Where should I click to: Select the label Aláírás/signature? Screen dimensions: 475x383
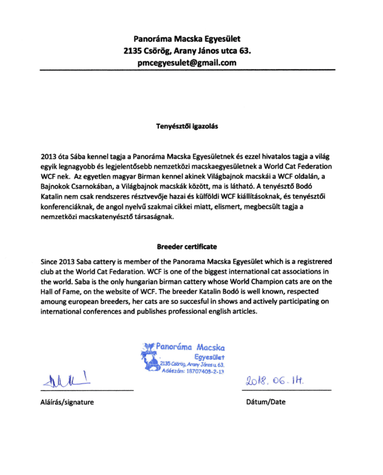[x=67, y=402]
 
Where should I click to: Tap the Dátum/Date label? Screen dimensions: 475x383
[x=266, y=402]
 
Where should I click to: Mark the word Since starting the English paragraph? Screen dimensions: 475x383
[x=49, y=261]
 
